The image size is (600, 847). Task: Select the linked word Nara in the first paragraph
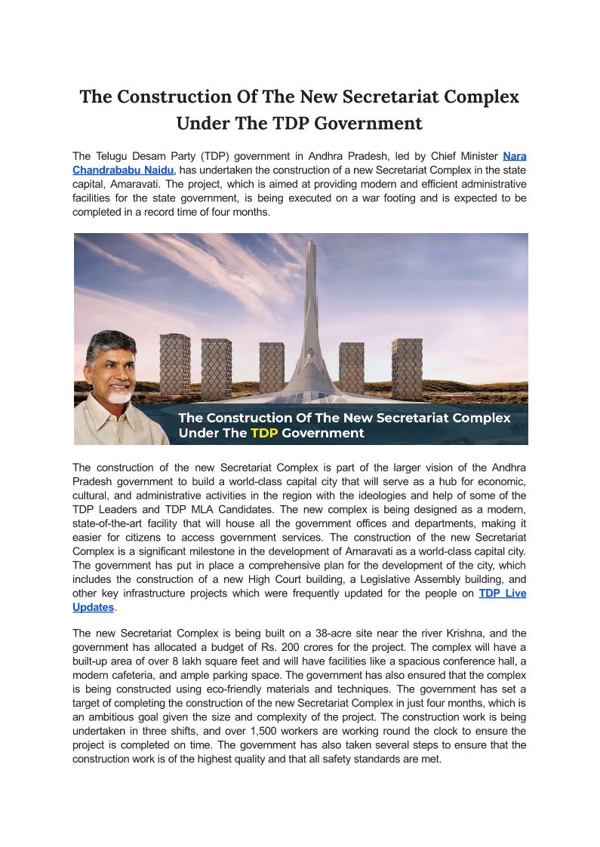515,156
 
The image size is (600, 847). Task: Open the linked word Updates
93,607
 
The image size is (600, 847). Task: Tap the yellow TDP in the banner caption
264,433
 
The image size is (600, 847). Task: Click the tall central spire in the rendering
310,302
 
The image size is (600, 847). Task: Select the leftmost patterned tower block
174,364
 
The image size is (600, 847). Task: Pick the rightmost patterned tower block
407,369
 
